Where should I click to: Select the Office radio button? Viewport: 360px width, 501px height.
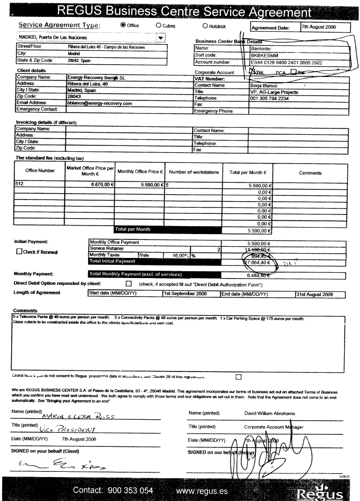(124, 25)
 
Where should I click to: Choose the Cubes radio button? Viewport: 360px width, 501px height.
(159, 25)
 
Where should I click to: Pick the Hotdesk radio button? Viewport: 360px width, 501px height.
(205, 25)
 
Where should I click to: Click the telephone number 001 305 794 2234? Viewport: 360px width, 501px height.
(270, 98)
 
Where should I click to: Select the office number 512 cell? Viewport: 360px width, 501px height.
(38, 185)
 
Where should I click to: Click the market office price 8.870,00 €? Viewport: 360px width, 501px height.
(97, 185)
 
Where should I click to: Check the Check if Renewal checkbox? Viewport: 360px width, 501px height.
(20, 252)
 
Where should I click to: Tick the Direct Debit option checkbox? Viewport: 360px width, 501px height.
(128, 284)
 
